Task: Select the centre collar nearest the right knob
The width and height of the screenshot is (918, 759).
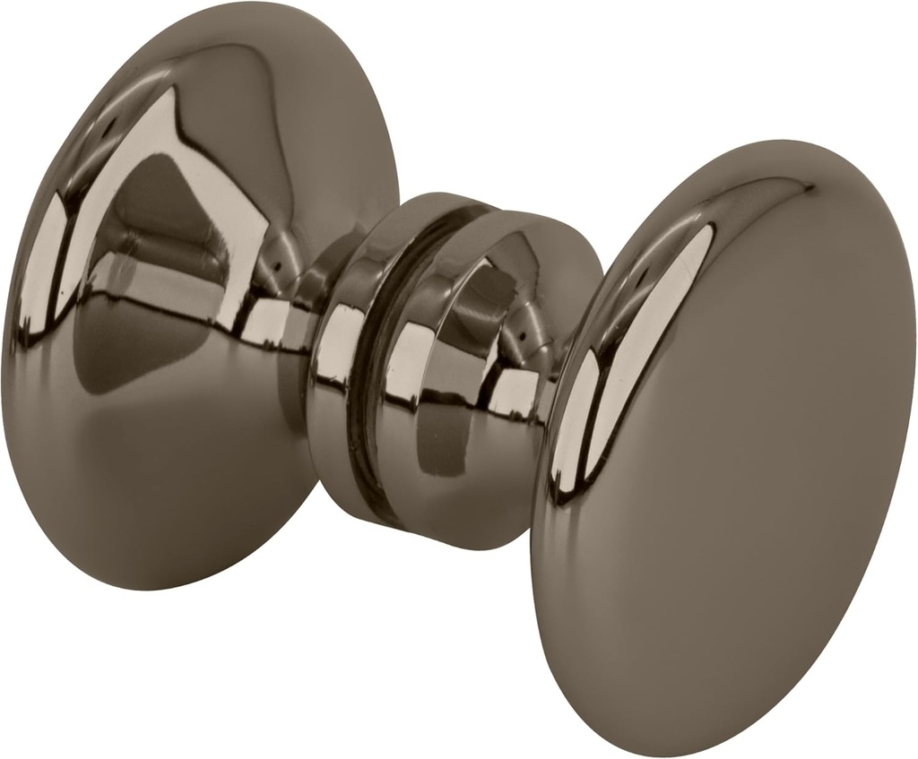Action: tap(466, 376)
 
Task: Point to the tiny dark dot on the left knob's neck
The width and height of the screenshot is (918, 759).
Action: tap(277, 266)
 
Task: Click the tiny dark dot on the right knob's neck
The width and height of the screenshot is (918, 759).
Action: tap(524, 338)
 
